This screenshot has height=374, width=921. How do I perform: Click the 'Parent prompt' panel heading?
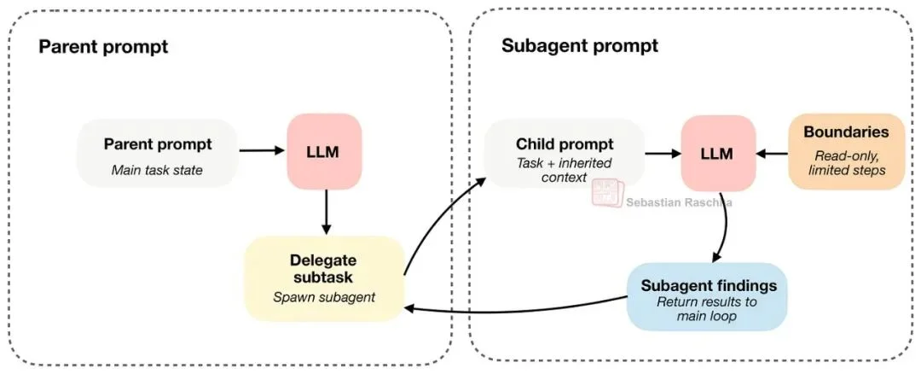[103, 46]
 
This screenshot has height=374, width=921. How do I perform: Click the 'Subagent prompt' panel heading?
[579, 46]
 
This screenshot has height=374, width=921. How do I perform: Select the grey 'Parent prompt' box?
[158, 153]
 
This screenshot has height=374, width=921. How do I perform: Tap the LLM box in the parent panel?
[324, 152]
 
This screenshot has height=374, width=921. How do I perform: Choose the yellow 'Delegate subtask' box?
[323, 278]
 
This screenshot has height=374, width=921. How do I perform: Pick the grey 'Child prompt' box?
[564, 153]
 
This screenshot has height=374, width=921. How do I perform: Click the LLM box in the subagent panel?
[718, 153]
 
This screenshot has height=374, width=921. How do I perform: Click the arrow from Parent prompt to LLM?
[261, 152]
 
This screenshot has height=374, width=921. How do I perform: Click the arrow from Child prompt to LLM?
[662, 153]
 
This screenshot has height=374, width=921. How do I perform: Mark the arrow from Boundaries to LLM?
[773, 153]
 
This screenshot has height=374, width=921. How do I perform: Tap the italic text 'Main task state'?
[158, 170]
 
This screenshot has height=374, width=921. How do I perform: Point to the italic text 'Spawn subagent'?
[323, 297]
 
